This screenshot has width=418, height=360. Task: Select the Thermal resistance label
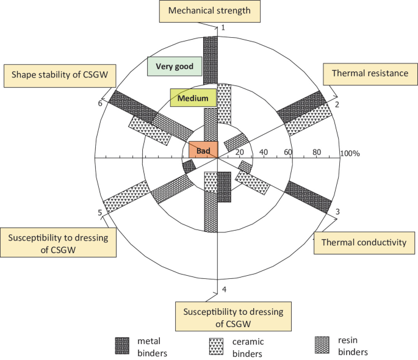[x=370, y=74]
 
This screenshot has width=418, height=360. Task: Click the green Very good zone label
[x=174, y=66]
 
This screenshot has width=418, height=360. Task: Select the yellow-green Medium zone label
[x=193, y=98]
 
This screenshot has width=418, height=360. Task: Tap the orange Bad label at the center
[x=203, y=149]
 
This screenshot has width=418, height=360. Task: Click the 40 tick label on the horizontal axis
[x=264, y=152]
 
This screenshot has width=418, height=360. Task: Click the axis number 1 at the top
[x=223, y=28]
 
